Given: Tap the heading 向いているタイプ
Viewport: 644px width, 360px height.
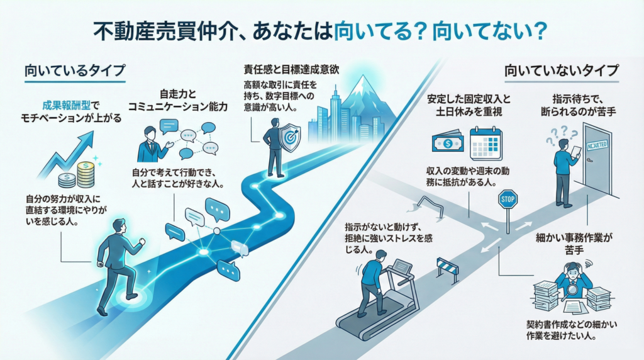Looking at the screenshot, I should pyautogui.click(x=75, y=70).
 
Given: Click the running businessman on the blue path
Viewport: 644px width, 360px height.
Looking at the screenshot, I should pyautogui.click(x=119, y=264).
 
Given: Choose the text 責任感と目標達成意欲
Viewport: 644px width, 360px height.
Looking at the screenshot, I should pyautogui.click(x=292, y=69).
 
